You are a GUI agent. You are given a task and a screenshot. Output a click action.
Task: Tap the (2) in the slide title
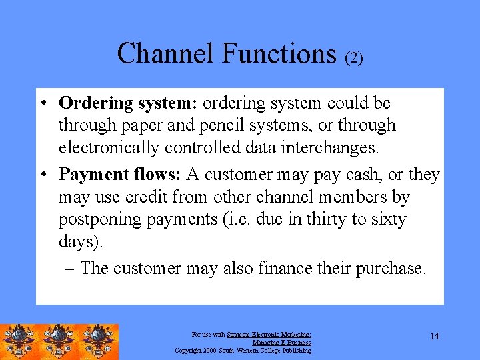pyautogui.click(x=353, y=58)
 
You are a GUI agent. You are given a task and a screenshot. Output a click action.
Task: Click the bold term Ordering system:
pyautogui.click(x=128, y=103)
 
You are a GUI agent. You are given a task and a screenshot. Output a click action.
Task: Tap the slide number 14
pyautogui.click(x=434, y=336)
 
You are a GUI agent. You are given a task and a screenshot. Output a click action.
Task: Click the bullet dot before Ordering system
pyautogui.click(x=43, y=104)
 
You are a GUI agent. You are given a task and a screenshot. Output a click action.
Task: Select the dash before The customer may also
pyautogui.click(x=69, y=269)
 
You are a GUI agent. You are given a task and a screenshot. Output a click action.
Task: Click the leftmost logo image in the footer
pyautogui.click(x=20, y=341)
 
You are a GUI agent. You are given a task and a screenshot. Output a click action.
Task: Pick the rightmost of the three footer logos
pyautogui.click(x=99, y=341)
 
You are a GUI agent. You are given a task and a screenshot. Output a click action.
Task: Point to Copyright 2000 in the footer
pyautogui.click(x=199, y=350)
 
